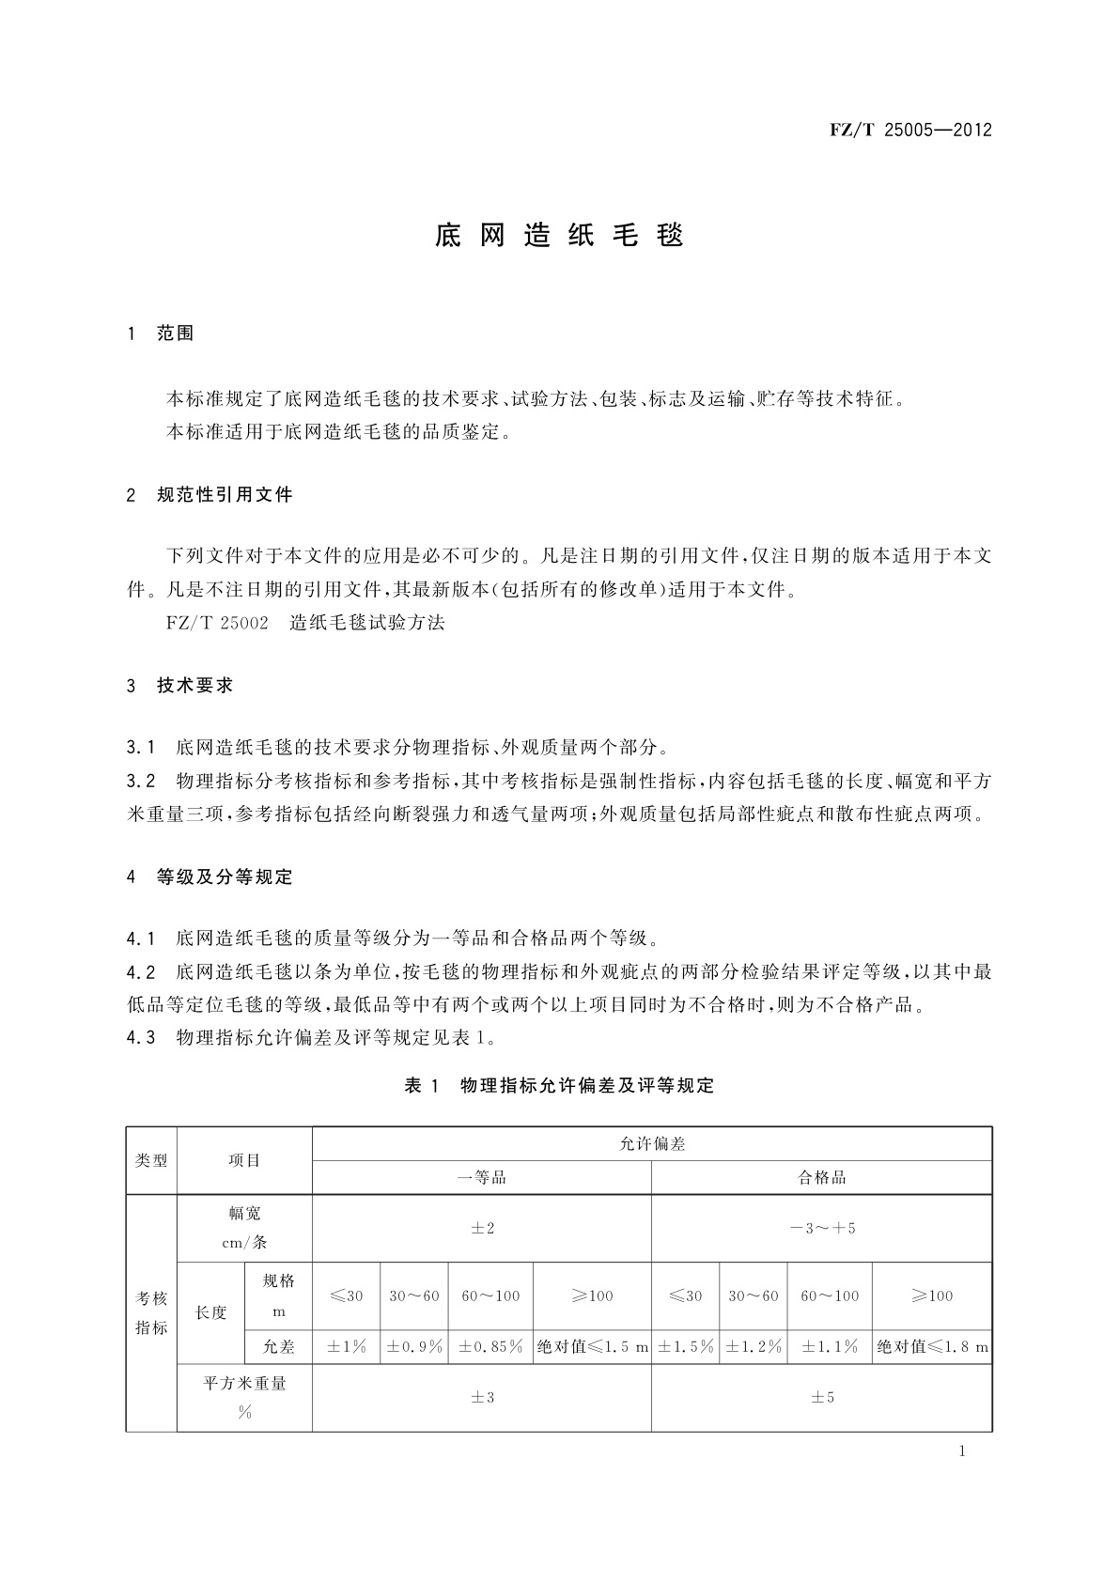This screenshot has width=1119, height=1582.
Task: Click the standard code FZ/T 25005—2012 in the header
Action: (910, 131)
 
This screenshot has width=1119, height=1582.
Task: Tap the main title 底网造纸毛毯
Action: (559, 235)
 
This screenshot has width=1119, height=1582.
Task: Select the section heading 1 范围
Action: (161, 333)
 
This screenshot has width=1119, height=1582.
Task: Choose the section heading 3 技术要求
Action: (179, 686)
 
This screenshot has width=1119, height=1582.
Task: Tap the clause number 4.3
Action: (140, 1038)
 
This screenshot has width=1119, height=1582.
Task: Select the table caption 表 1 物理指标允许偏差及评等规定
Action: (559, 1086)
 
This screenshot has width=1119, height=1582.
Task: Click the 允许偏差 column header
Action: (652, 1143)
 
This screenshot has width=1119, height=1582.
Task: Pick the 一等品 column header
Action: (482, 1177)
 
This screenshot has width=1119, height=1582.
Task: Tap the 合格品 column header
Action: (822, 1177)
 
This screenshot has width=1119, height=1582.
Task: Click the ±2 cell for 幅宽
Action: (482, 1228)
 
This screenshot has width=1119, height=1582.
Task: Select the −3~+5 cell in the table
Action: (822, 1228)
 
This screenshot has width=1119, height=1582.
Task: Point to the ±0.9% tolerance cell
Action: (414, 1346)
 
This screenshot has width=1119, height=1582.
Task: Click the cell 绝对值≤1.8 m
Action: (932, 1346)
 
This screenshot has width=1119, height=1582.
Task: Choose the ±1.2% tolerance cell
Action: (754, 1346)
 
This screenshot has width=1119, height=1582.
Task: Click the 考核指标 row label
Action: (151, 1312)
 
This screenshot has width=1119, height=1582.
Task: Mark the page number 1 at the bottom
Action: (962, 1451)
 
